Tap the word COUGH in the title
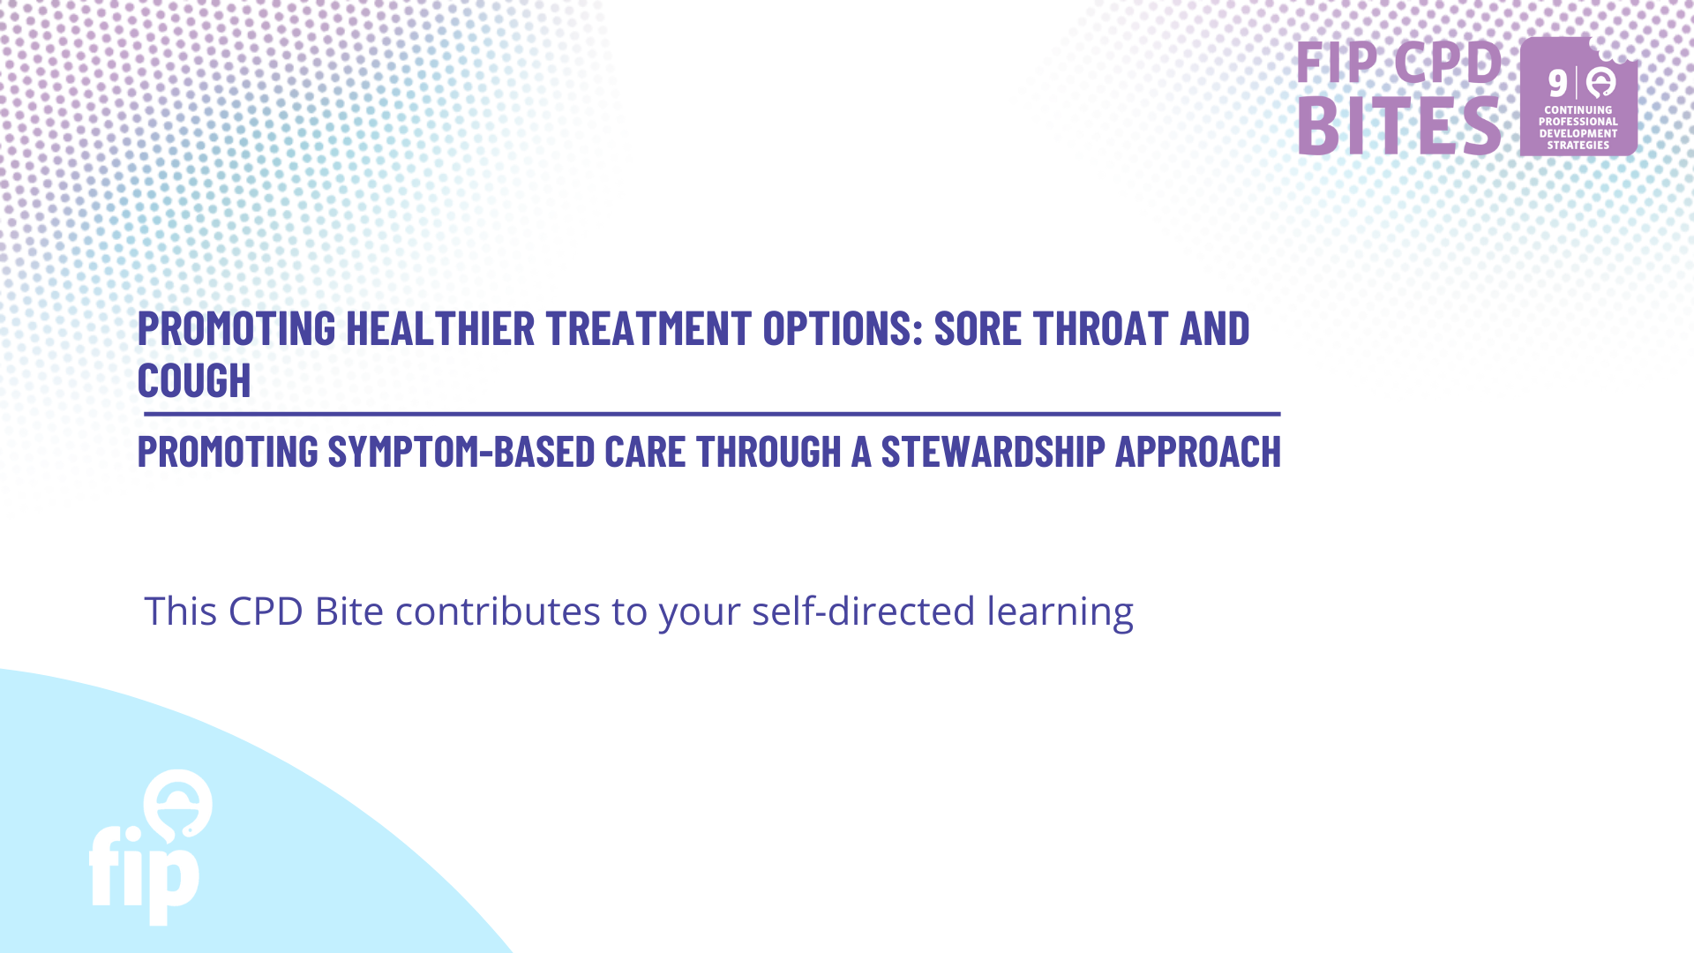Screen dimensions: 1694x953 (194, 380)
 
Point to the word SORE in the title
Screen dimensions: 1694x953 (978, 328)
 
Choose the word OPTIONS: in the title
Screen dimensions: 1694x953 (843, 328)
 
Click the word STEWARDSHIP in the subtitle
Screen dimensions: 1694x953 (993, 452)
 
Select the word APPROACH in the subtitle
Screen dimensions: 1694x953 (1198, 452)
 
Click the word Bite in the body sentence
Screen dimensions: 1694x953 (349, 611)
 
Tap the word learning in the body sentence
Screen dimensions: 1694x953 (1060, 612)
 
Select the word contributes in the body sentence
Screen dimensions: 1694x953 (498, 611)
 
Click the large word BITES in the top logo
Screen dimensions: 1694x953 (1399, 125)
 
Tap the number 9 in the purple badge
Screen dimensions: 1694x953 (1558, 84)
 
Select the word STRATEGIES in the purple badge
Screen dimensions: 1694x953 (1578, 146)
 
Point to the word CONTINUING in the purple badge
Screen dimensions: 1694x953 (1578, 110)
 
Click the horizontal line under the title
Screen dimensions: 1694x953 (712, 414)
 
